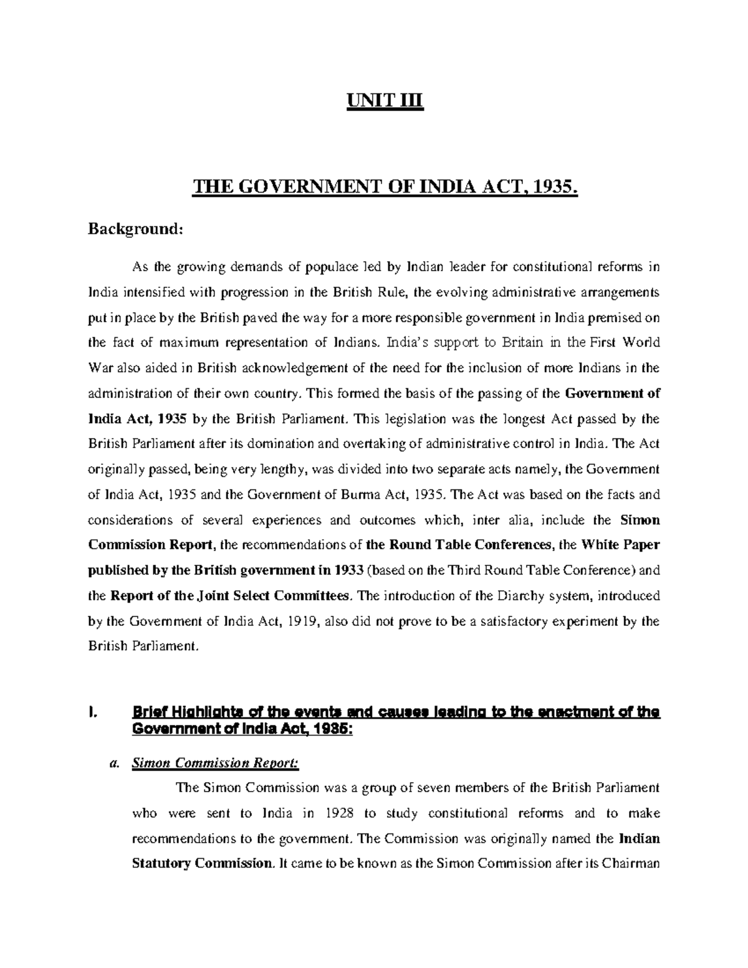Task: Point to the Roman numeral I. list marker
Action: click(x=92, y=712)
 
